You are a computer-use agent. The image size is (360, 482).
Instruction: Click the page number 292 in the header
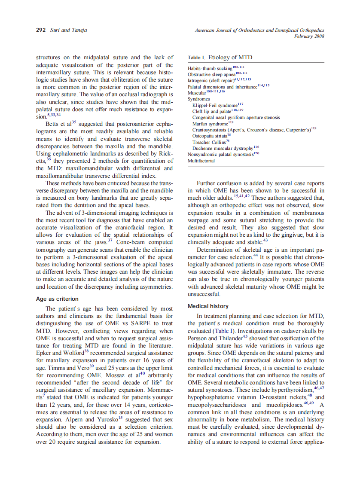41,30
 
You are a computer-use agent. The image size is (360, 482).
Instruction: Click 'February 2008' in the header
309,36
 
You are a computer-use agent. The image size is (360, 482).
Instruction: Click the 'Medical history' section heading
208,306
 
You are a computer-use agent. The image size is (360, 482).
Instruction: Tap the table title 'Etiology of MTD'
230,57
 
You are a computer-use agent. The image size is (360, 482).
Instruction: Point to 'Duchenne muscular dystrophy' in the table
223,148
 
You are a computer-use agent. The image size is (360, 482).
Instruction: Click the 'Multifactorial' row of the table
201,161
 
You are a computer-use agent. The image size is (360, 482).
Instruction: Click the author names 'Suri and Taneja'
68,30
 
